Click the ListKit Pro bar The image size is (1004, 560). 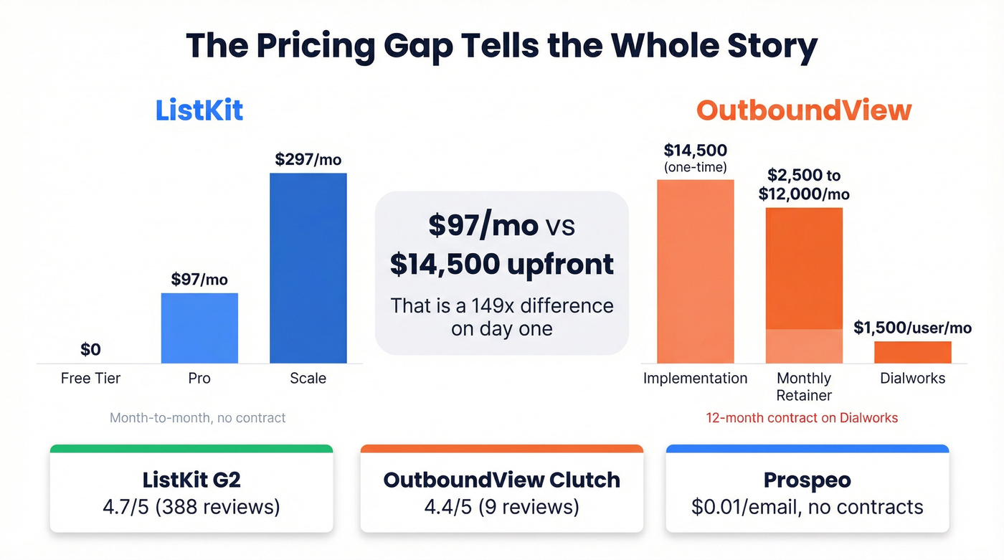(x=199, y=328)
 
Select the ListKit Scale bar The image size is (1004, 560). (x=308, y=268)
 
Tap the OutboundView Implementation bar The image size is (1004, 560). (x=695, y=271)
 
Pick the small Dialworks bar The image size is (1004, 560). (x=912, y=352)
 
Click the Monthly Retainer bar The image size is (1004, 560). (x=804, y=285)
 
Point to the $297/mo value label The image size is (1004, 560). (x=308, y=159)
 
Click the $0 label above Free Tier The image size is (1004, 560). (x=90, y=349)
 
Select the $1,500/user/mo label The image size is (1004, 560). (x=912, y=328)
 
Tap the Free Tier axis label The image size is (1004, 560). (x=90, y=378)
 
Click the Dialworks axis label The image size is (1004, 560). (x=912, y=378)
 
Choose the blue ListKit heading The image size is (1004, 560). (x=199, y=110)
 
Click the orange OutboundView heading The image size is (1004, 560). (x=804, y=110)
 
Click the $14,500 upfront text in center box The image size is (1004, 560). (x=501, y=264)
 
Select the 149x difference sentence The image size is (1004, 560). (x=501, y=317)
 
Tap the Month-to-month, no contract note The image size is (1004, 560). (x=197, y=417)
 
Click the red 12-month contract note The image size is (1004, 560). (x=802, y=417)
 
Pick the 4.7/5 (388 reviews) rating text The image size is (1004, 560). (x=191, y=507)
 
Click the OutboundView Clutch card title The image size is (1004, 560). (x=501, y=479)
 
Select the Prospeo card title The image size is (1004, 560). (x=807, y=479)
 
